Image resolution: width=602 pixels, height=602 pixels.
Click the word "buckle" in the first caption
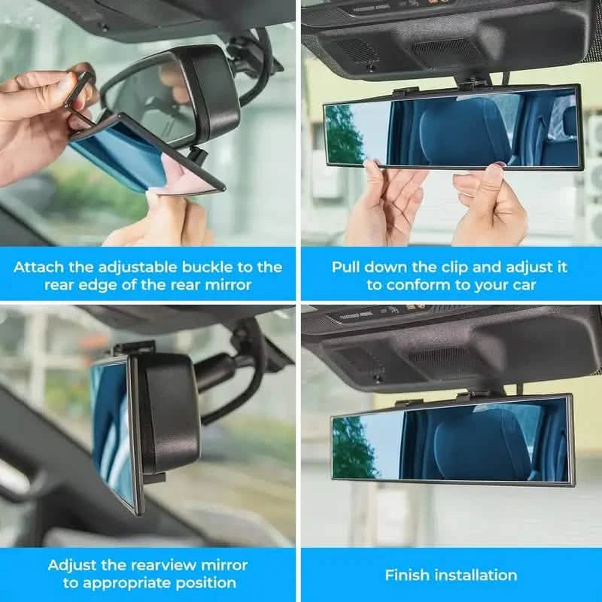click(x=221, y=267)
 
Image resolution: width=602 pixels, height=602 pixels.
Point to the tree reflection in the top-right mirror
click(x=344, y=135)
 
